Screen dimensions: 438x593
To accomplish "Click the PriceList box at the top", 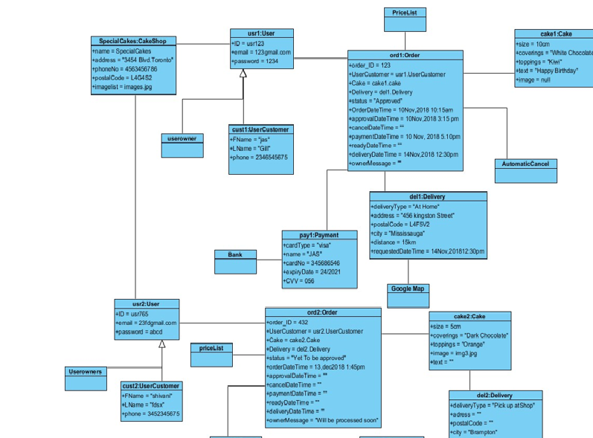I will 405,13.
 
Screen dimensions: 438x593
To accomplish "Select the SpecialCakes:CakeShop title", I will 133,41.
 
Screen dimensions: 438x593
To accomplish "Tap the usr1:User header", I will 261,33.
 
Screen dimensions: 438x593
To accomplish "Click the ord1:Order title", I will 405,55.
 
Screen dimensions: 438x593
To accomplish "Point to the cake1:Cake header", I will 555,34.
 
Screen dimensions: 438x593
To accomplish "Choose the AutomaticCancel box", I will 525,164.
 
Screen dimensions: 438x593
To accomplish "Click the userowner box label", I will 182,138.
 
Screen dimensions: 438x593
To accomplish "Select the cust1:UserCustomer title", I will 260,129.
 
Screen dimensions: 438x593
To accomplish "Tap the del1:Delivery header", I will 428,196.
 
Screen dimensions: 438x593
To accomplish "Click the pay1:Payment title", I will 319,235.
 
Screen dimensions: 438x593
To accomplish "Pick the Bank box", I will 235,255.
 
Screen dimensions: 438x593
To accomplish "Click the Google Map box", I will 408,289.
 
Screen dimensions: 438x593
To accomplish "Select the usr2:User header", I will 146,303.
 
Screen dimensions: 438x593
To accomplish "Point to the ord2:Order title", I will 323,312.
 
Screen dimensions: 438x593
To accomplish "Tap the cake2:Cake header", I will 469,316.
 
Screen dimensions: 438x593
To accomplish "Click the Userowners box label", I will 86,371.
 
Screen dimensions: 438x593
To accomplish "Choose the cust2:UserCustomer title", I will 151,386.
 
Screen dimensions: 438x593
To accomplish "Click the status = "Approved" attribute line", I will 376,100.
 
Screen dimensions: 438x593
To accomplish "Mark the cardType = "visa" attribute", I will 308,245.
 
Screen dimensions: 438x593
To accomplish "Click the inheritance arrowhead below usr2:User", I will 162,344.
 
